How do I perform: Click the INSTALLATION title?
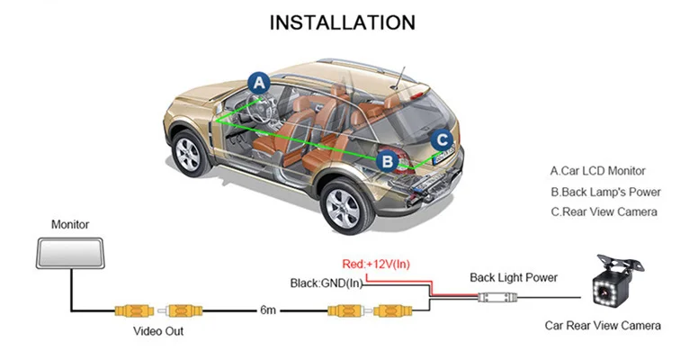click(343, 22)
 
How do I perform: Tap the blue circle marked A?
click(259, 83)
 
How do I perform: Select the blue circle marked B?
click(388, 161)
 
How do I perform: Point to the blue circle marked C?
click(442, 139)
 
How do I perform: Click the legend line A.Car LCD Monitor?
click(597, 171)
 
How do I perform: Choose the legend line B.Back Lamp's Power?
click(605, 192)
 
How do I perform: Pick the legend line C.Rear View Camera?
click(604, 211)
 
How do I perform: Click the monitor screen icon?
click(70, 253)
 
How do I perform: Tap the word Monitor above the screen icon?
click(70, 224)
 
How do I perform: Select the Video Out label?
click(158, 331)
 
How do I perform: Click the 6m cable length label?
click(268, 310)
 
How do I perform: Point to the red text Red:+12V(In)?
click(376, 264)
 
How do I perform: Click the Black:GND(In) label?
click(327, 283)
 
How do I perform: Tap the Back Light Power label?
click(514, 277)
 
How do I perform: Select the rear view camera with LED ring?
click(615, 282)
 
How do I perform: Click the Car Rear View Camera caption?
click(603, 325)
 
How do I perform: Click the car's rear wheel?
click(345, 206)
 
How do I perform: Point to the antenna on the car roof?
click(398, 77)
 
